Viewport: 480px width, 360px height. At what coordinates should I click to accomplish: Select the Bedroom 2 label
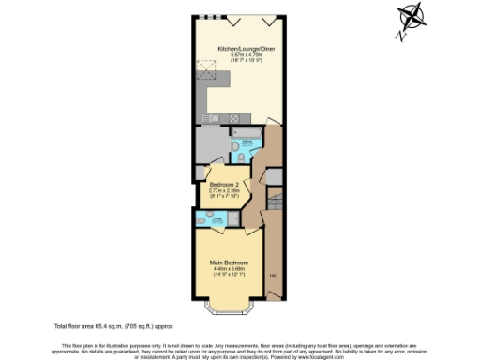pyautogui.click(x=225, y=183)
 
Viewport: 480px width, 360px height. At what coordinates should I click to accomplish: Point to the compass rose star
pyautogui.click(x=412, y=18)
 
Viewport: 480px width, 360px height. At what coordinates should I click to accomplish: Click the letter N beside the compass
pyautogui.click(x=400, y=37)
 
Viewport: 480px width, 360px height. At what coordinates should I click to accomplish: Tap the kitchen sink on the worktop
pyautogui.click(x=209, y=117)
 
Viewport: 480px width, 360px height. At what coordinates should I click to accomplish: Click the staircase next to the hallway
pyautogui.click(x=275, y=201)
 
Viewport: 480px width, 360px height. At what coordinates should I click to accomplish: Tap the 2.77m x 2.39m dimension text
pyautogui.click(x=225, y=189)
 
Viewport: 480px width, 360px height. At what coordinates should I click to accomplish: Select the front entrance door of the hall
pyautogui.click(x=274, y=303)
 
